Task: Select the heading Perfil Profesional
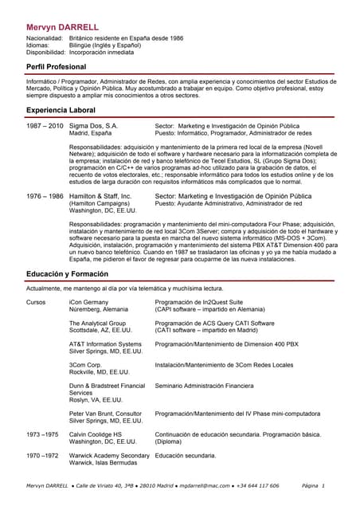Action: [57, 68]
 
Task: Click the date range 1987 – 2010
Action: [45, 126]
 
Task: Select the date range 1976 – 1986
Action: [45, 195]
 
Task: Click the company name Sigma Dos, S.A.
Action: [93, 126]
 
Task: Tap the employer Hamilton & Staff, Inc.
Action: [100, 195]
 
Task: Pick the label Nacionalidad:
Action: [45, 38]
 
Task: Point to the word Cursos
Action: [36, 303]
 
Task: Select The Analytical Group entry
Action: [97, 324]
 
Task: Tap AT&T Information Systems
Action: [105, 344]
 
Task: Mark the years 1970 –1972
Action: [42, 455]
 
